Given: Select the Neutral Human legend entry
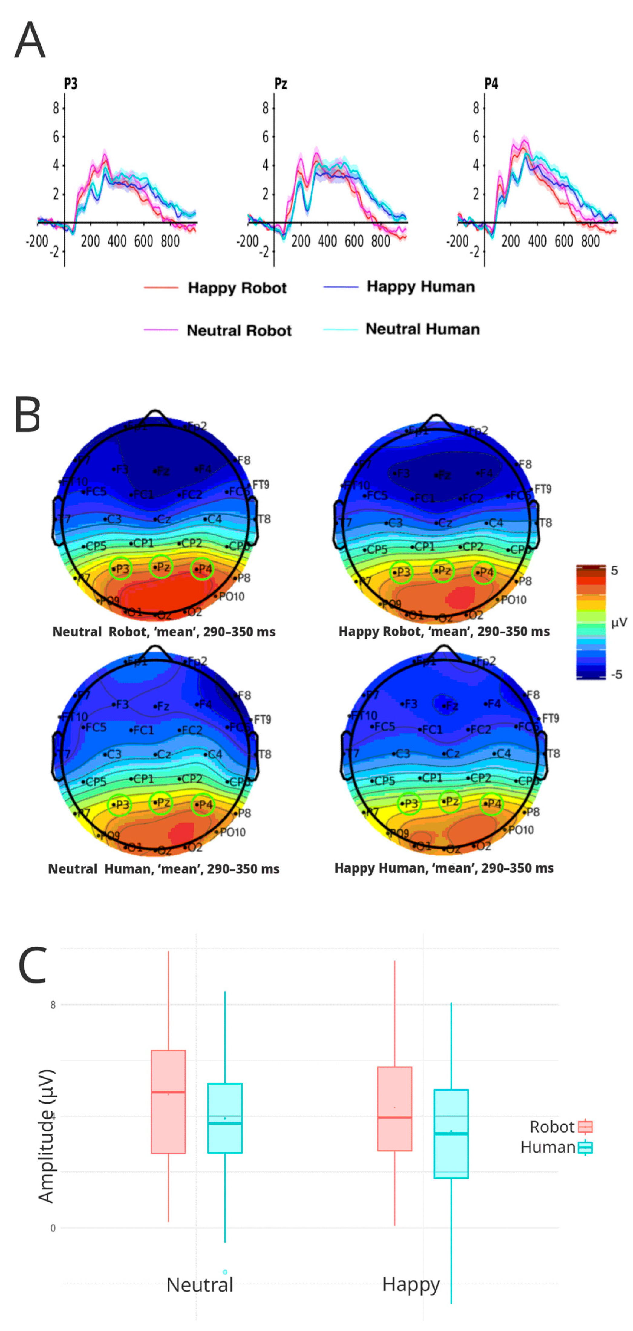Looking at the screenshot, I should point(422,329).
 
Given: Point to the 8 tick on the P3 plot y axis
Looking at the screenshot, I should point(56,108).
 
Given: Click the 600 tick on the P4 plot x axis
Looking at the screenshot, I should point(564,241).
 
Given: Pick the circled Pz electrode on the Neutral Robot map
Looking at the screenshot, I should point(161,567).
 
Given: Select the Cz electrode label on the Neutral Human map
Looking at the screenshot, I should point(162,754).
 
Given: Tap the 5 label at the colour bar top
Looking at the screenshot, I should point(614,571).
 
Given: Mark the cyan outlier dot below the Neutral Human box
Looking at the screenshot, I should point(225,1272).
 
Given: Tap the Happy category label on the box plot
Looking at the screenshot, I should point(411,1284).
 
